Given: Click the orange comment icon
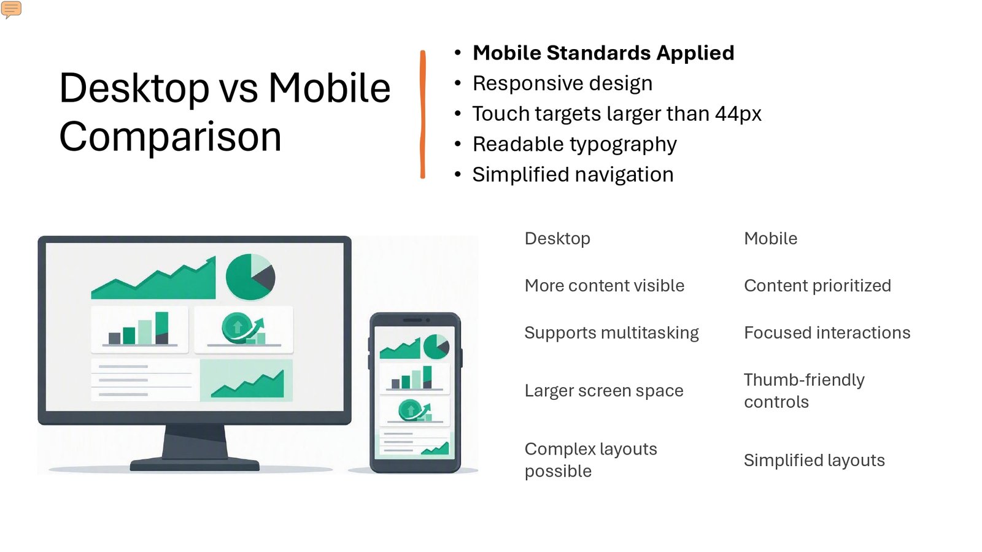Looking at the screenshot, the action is [12, 9].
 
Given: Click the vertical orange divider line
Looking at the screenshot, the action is [423, 114].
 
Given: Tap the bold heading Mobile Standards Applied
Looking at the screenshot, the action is [603, 53].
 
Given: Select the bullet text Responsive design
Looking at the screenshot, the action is [562, 83].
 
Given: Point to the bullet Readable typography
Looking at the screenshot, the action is [574, 145].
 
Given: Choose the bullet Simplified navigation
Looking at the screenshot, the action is [573, 175].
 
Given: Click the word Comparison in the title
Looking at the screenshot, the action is [170, 137].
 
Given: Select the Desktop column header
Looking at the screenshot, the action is [558, 239].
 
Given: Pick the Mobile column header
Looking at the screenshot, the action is [771, 239].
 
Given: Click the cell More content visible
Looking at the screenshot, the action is [605, 286].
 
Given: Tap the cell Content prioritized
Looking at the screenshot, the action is [818, 286].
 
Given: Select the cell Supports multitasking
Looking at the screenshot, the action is [611, 333].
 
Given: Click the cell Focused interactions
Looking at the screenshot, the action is [827, 333].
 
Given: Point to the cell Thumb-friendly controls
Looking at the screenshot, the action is [805, 391].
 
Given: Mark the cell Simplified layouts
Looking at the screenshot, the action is [814, 461].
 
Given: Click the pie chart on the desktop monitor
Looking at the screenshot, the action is [250, 277].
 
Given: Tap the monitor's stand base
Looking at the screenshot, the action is [195, 464].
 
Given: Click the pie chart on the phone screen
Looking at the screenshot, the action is [436, 346].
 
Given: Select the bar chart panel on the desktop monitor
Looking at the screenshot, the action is [140, 329].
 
